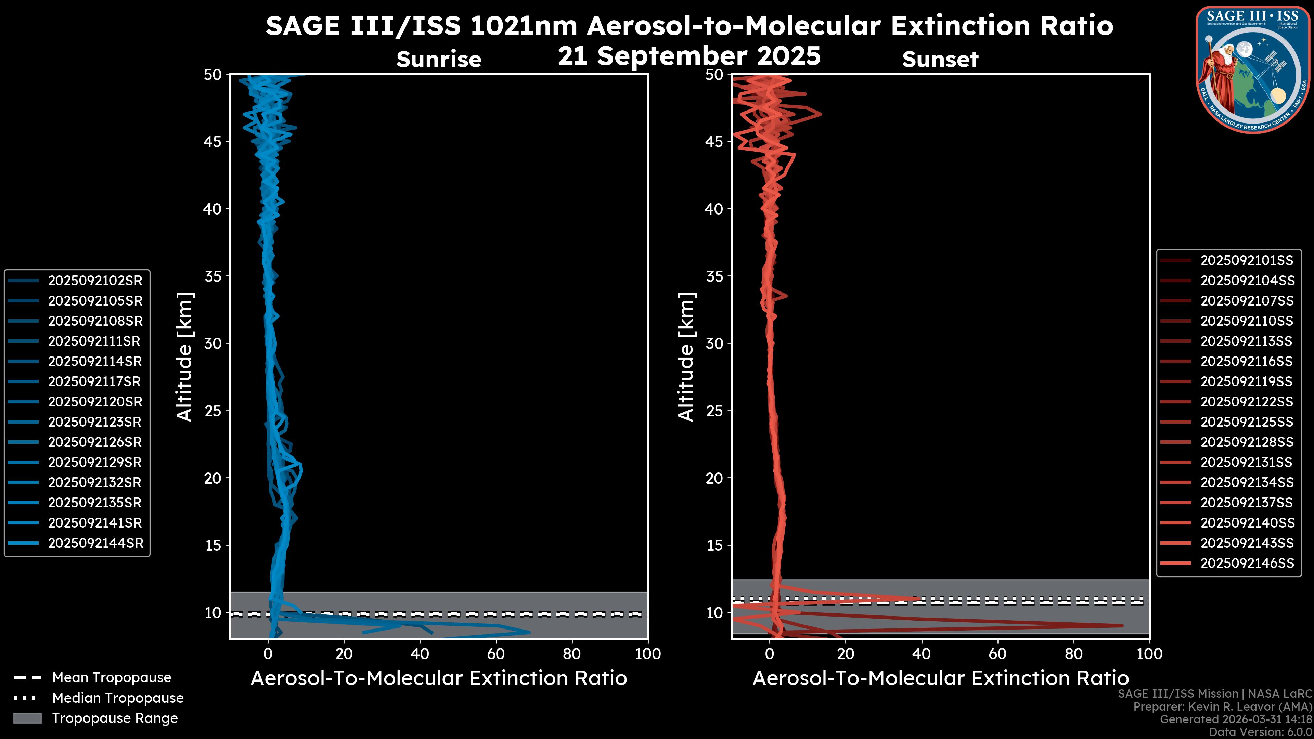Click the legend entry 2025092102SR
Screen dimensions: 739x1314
95,281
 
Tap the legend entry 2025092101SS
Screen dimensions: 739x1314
1246,261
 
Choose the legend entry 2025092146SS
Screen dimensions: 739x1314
1247,563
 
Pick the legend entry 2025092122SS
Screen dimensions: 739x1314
1246,402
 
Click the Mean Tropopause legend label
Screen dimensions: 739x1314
111,677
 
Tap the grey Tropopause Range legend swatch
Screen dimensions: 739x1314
27,718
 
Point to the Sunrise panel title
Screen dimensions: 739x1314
439,60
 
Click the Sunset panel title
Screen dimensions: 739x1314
940,60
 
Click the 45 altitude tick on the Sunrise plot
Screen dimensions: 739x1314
213,142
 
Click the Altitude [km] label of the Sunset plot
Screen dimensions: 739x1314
686,357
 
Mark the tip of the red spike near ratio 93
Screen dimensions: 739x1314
1122,625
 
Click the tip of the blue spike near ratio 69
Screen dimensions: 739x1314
529,632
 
